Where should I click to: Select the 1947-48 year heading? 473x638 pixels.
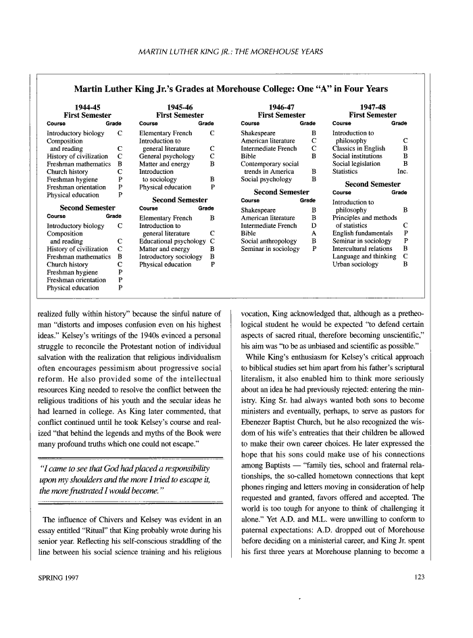(372, 107)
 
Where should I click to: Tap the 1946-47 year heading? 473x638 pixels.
(281, 107)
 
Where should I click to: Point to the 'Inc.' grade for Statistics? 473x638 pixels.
(403, 172)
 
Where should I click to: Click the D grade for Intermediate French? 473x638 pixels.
(314, 225)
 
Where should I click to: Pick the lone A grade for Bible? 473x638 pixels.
(314, 233)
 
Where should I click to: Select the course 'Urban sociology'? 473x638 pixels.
(355, 265)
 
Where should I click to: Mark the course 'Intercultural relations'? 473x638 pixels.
(362, 249)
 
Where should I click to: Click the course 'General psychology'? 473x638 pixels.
(166, 156)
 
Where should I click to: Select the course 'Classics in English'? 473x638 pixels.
(359, 148)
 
